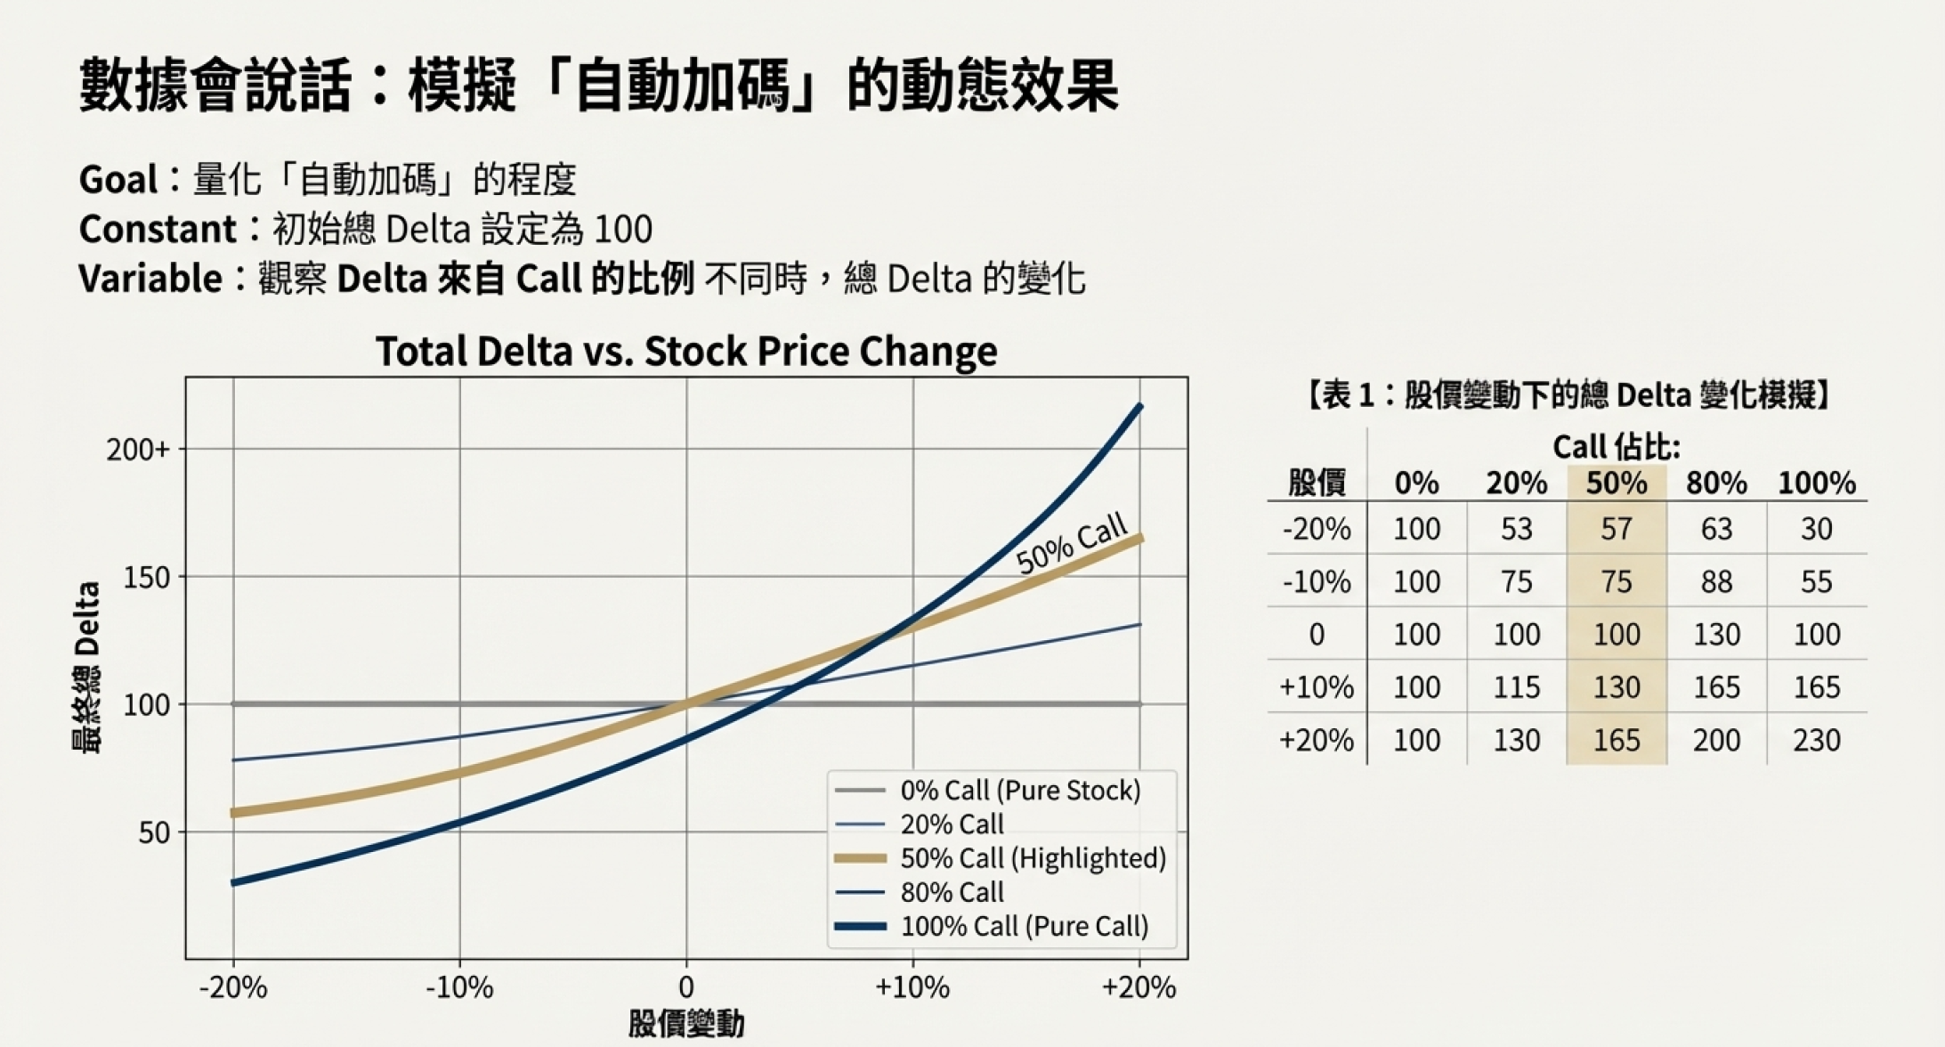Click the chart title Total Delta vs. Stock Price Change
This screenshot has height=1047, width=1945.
point(685,351)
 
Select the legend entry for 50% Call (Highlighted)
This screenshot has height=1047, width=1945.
point(1033,858)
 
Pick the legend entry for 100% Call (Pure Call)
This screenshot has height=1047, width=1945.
point(1024,926)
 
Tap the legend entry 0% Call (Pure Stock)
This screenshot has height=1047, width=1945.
point(1020,791)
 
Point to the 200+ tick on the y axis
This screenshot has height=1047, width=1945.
point(138,450)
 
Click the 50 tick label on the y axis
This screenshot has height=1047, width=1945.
point(153,833)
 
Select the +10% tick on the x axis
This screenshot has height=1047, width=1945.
point(912,987)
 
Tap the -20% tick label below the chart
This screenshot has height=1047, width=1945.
point(233,987)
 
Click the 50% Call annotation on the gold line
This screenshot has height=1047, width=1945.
point(1072,545)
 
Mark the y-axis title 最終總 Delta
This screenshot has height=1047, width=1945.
point(86,668)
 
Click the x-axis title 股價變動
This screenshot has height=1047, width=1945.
point(685,1025)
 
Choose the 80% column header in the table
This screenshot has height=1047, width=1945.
point(1716,483)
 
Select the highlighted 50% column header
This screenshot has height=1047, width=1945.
point(1617,483)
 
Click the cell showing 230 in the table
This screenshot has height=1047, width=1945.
point(1816,740)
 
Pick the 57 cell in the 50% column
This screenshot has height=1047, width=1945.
point(1617,529)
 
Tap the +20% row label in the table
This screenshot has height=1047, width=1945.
point(1316,740)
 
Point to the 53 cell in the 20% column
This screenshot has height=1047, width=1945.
point(1516,529)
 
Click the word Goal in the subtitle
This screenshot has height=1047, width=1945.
point(118,180)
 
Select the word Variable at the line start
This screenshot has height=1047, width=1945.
point(150,279)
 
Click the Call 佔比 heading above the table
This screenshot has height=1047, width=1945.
point(1616,447)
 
